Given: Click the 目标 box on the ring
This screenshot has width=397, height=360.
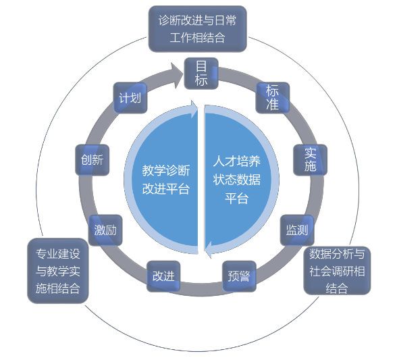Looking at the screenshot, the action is [x=201, y=74].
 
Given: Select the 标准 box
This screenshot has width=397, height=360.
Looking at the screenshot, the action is [x=273, y=98].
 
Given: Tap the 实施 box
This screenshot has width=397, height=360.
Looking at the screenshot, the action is [x=310, y=160].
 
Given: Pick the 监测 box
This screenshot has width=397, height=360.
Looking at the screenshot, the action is [x=297, y=230].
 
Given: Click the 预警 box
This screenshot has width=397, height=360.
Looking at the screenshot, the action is [x=239, y=276].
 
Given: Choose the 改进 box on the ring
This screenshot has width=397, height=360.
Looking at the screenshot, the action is [x=163, y=276].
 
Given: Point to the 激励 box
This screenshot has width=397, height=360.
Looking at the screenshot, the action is [x=105, y=230].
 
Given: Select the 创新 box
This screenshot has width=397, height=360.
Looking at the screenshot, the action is [x=92, y=160].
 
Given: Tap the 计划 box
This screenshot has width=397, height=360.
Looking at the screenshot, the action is [x=130, y=98].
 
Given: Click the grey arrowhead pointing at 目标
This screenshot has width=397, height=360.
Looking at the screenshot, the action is [x=176, y=75].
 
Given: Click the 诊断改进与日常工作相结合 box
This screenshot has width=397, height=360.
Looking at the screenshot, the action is [x=197, y=29].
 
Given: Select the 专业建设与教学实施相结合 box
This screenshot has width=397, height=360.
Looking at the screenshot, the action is [x=58, y=271].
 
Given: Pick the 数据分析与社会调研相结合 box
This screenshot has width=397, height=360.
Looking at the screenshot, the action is [x=337, y=271].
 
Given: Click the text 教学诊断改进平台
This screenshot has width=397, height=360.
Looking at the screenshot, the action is [x=166, y=180].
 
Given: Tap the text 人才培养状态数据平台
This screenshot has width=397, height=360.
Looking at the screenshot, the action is [x=236, y=180].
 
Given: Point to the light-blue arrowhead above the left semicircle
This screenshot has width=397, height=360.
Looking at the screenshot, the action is [x=194, y=109].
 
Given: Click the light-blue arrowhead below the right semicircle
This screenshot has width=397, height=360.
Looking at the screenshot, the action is [x=208, y=249].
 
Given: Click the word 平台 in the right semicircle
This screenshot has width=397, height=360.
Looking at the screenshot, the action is [x=236, y=198].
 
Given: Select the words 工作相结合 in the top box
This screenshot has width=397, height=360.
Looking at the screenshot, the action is [x=197, y=38].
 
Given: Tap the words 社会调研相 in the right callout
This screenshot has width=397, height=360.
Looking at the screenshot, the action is [x=337, y=271].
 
